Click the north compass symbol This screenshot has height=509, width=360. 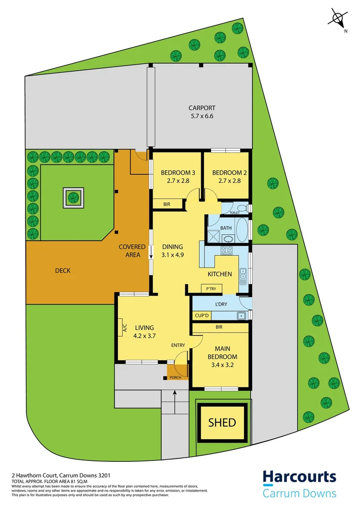coord(337,19)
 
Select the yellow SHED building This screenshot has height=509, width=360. coord(222,422)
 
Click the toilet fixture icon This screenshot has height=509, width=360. coord(242,208)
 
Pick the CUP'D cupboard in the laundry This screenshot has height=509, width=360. coord(199,316)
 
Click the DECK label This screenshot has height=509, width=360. coord(63,271)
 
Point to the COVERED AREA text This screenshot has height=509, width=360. coord(129,251)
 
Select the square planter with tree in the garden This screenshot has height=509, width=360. coord(74,197)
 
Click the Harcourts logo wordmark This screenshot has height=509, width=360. coord(299,477)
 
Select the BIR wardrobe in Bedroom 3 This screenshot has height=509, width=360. coord(167,204)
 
